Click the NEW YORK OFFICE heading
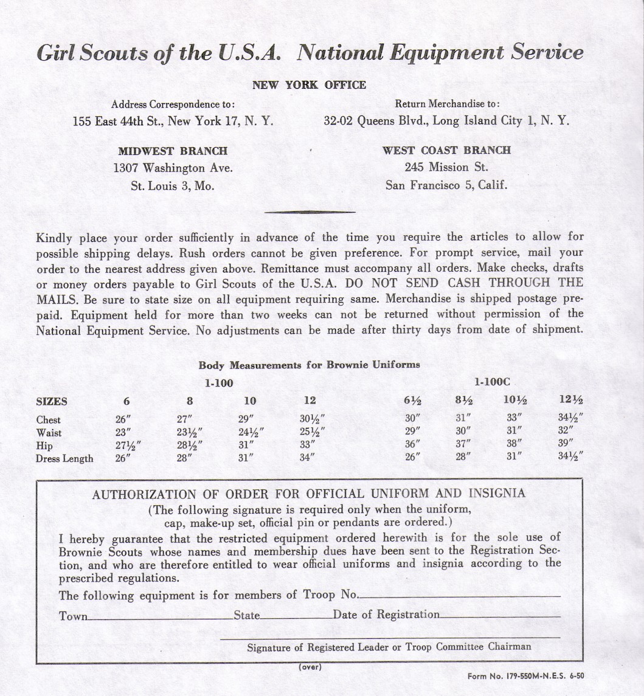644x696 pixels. click(309, 85)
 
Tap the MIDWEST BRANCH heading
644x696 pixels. click(173, 151)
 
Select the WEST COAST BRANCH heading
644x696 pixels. click(446, 150)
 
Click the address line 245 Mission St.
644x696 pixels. click(446, 167)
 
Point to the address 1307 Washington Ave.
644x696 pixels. click(173, 168)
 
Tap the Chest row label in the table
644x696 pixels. click(49, 419)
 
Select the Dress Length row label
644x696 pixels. click(64, 458)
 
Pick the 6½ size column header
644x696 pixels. click(413, 401)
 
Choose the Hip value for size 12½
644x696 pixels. click(566, 443)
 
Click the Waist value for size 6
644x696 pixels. click(123, 432)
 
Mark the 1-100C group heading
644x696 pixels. click(492, 382)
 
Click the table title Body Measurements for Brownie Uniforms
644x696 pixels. click(309, 365)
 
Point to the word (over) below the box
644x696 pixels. click(310, 666)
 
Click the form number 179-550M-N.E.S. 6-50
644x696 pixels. click(525, 676)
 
